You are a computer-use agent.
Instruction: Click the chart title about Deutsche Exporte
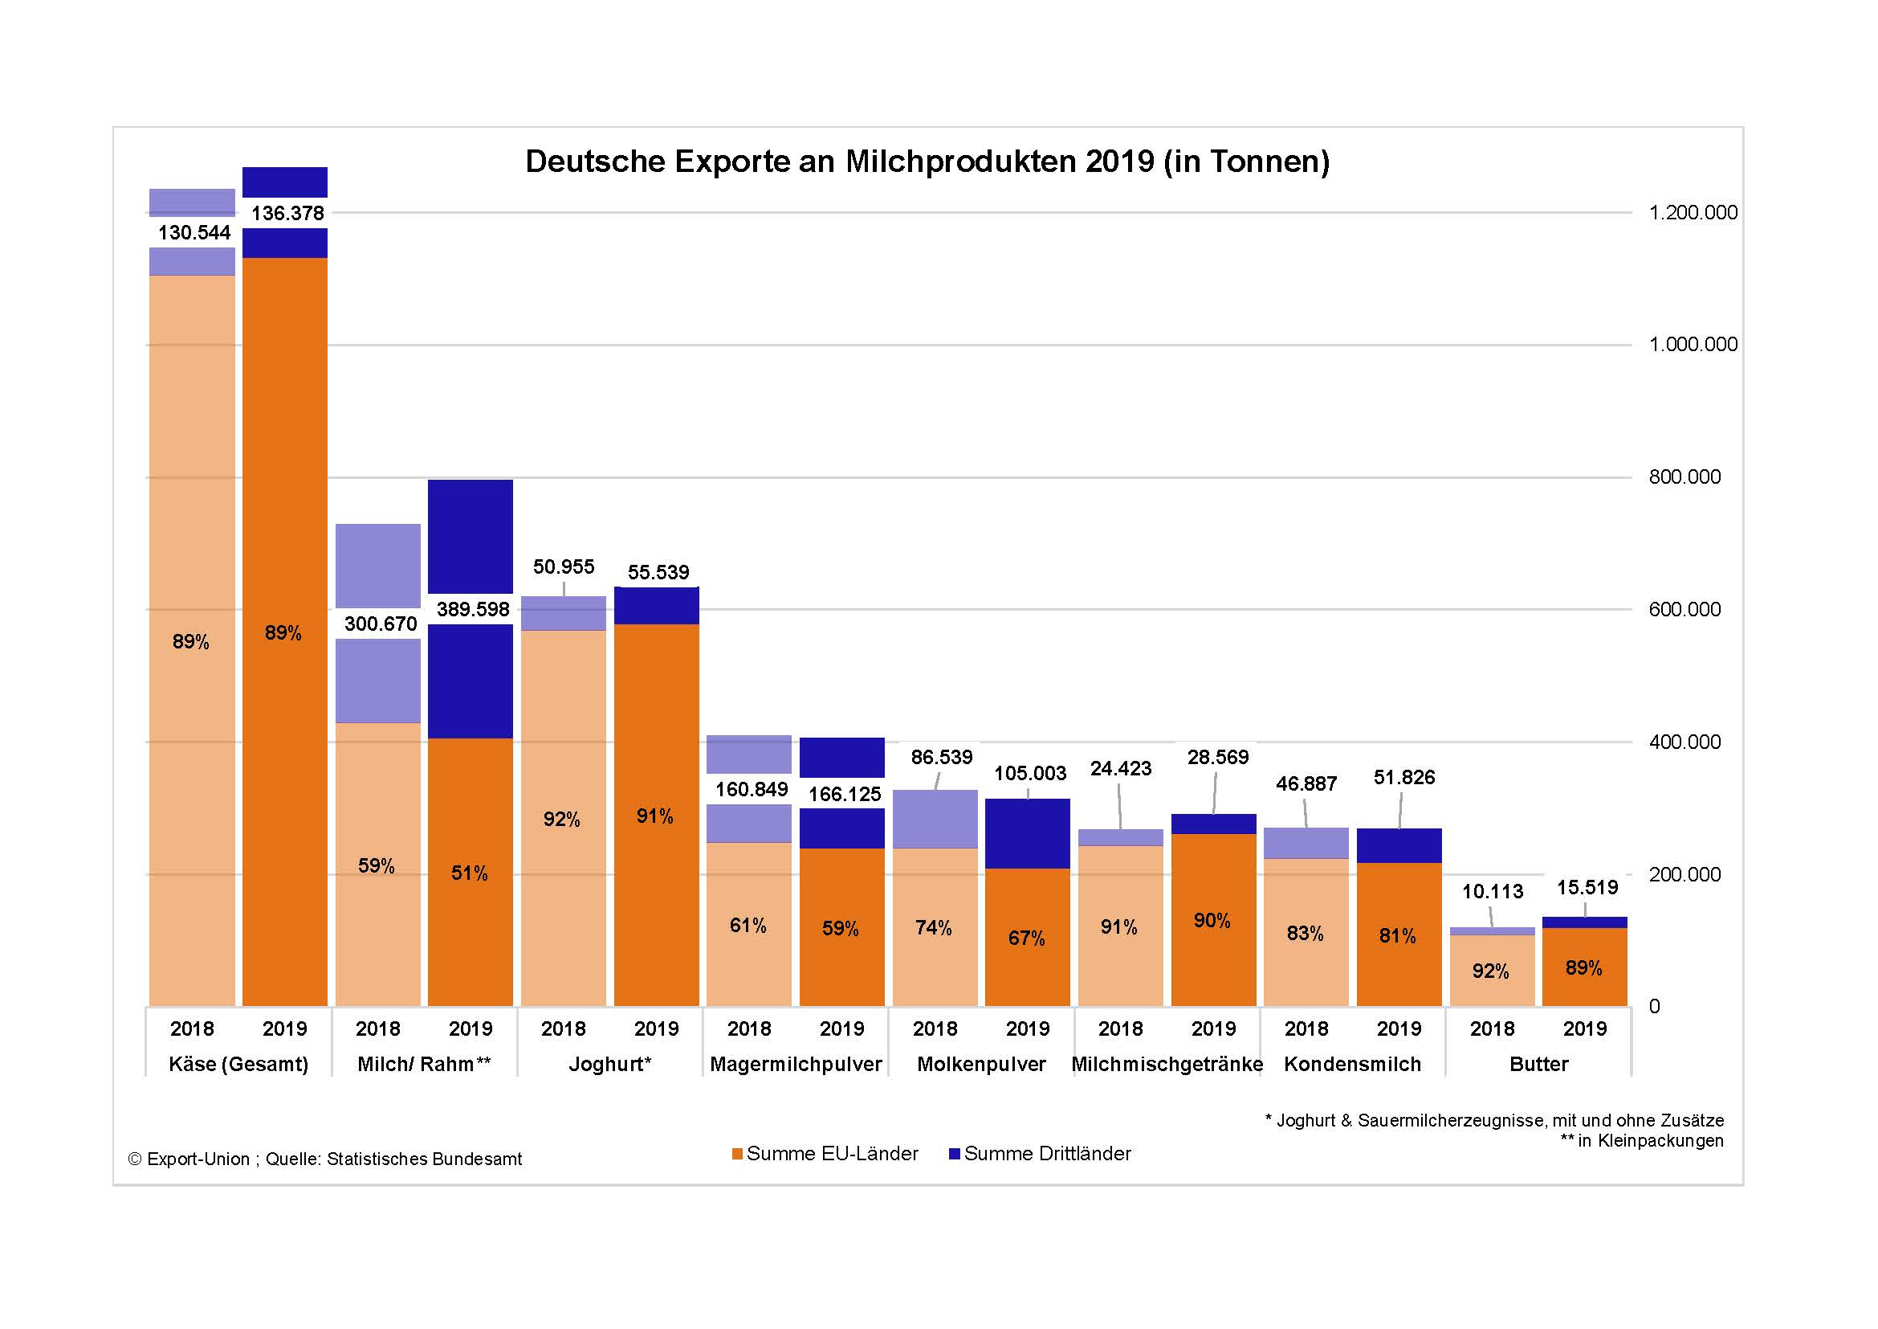coord(927,162)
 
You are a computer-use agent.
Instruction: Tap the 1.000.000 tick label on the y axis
coord(1693,345)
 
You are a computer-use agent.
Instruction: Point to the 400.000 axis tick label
coord(1684,742)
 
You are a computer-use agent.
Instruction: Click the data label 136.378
coord(287,214)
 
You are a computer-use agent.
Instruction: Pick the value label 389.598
coord(473,610)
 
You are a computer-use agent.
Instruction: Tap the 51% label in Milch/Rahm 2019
coord(470,874)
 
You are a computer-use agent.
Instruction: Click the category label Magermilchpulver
coord(796,1065)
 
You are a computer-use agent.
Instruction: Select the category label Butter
coord(1538,1065)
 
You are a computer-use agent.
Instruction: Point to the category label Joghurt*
coord(610,1065)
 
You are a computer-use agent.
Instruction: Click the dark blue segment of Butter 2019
coord(1584,922)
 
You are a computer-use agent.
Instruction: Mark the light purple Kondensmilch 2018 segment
coord(1306,843)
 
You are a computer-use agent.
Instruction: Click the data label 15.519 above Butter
coord(1587,888)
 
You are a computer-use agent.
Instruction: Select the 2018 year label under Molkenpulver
coord(935,1028)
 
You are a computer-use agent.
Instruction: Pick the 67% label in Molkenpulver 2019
coord(1027,938)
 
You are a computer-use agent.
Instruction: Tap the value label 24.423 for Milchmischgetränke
coord(1121,769)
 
